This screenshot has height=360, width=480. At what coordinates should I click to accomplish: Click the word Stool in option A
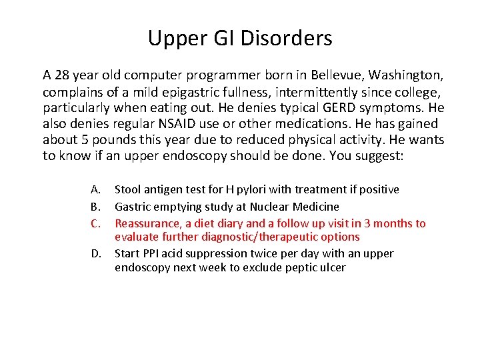coord(129,190)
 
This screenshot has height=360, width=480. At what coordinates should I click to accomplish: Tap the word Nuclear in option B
coord(271,207)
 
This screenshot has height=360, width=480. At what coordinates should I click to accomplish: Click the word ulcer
coord(333,268)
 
